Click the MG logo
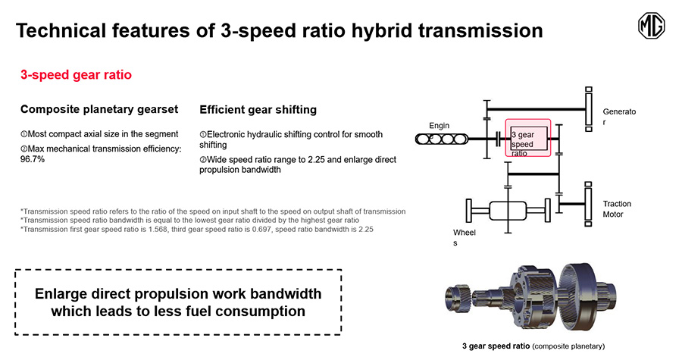(651, 26)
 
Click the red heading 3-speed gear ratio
(76, 75)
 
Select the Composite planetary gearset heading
(99, 109)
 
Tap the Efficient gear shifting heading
(258, 110)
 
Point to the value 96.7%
(33, 159)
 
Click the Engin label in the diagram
(440, 126)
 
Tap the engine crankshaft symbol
(442, 139)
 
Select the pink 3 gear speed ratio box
(528, 138)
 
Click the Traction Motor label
(617, 209)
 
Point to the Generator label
(619, 117)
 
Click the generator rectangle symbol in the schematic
(589, 109)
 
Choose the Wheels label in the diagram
(464, 237)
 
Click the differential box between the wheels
(508, 211)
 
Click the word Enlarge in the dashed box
(61, 294)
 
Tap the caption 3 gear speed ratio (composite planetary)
(533, 346)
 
